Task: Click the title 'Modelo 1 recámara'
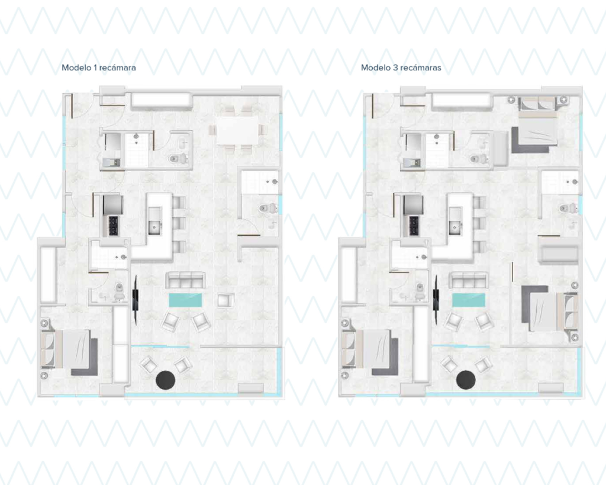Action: [99, 68]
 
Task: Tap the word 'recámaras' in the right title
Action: [421, 68]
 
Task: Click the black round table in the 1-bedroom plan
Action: [166, 380]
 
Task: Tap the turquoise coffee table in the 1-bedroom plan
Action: [185, 300]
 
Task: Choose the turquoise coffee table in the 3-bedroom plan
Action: [469, 300]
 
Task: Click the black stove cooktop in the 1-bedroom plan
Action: [114, 225]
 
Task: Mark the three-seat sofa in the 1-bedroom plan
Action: [185, 280]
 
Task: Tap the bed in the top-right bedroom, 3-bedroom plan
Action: [535, 124]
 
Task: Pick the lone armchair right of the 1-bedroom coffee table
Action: [225, 300]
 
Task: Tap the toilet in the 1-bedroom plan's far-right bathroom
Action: [268, 208]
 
